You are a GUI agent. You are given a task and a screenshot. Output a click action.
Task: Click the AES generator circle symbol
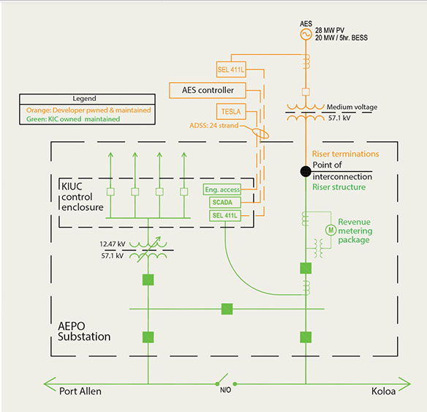306,34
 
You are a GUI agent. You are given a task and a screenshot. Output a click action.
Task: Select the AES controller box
208,90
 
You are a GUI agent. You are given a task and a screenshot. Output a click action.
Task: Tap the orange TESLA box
231,111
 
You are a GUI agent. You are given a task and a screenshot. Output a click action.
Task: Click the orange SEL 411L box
231,70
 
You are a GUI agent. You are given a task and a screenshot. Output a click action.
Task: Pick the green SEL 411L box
225,216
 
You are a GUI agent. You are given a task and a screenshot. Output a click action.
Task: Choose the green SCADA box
225,203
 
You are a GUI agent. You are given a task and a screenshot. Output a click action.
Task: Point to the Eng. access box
222,190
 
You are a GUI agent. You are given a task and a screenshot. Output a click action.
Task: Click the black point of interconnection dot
306,171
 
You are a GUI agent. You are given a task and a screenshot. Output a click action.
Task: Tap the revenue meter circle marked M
331,230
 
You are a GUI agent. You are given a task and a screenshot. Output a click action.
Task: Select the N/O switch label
225,390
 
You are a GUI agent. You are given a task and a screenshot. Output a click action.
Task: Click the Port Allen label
80,392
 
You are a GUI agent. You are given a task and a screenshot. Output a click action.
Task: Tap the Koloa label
383,392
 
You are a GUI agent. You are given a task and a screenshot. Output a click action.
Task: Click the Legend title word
84,98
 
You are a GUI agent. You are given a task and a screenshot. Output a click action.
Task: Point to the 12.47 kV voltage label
113,244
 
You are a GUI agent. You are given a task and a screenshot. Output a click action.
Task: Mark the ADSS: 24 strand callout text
214,126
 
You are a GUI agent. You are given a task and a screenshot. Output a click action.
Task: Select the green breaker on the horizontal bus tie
227,309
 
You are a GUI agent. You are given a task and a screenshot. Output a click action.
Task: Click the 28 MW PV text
330,30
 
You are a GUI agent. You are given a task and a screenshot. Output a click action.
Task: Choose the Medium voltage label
352,107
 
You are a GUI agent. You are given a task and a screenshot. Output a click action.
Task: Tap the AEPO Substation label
84,331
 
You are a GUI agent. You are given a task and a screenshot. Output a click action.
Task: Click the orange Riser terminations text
345,154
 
